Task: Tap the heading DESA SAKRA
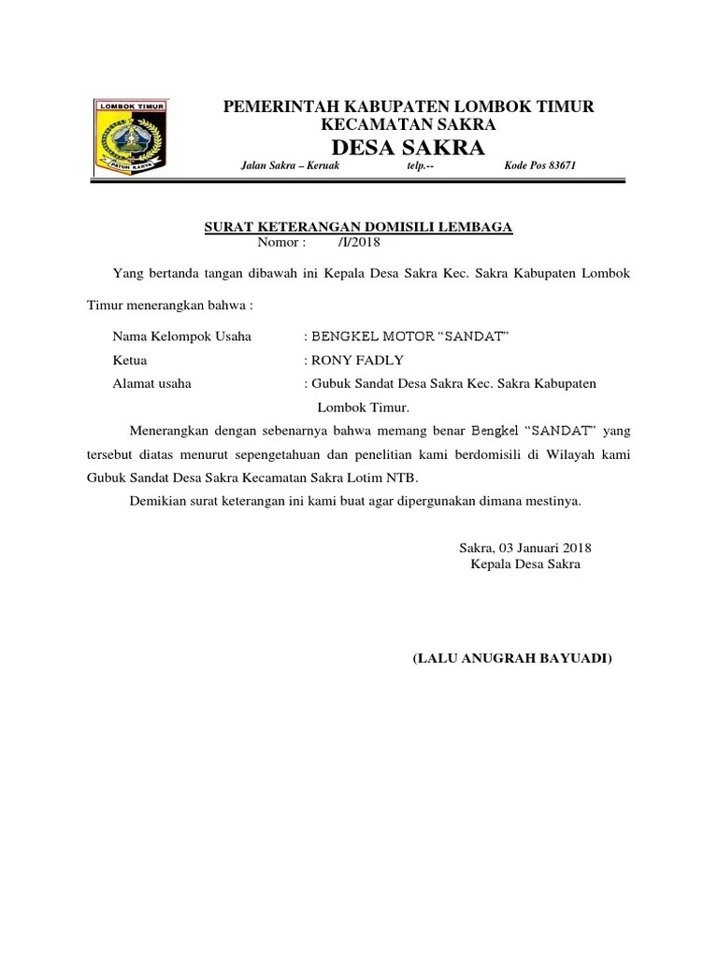(409, 147)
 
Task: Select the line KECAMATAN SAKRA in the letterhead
(409, 124)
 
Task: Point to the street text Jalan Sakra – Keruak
(290, 166)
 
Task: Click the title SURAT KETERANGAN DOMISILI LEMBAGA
(359, 226)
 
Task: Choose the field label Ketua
(130, 360)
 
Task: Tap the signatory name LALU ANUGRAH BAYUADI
(512, 659)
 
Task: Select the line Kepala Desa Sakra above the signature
(525, 564)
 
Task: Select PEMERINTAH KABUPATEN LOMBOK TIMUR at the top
(409, 107)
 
